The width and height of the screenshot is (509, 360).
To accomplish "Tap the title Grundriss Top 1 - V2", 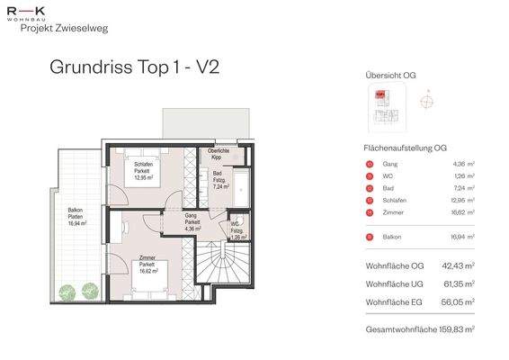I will [134, 67].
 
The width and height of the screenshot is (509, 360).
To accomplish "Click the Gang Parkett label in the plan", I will [191, 222].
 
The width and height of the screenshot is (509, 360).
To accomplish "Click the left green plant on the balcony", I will [68, 290].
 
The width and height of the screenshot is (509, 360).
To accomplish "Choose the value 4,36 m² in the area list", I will [464, 164].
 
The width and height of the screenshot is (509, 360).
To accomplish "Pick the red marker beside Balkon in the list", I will [370, 237].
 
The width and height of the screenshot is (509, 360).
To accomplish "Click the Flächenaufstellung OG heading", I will [406, 148].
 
